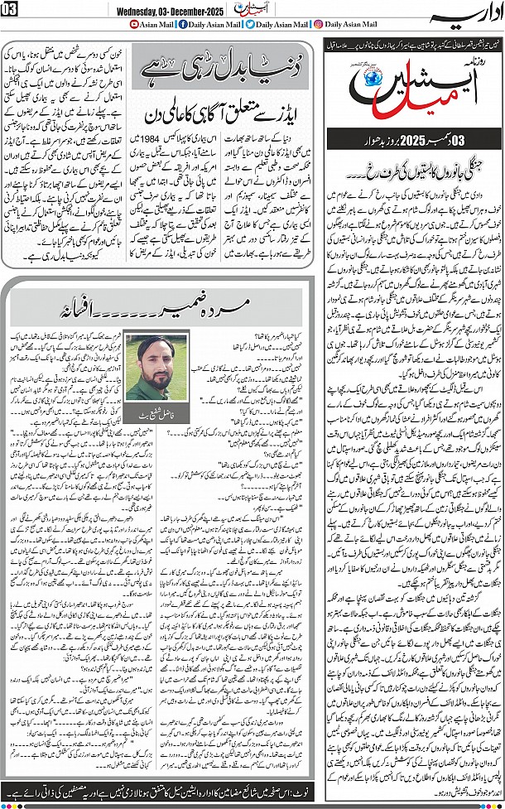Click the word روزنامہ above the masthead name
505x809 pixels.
click(476, 65)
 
